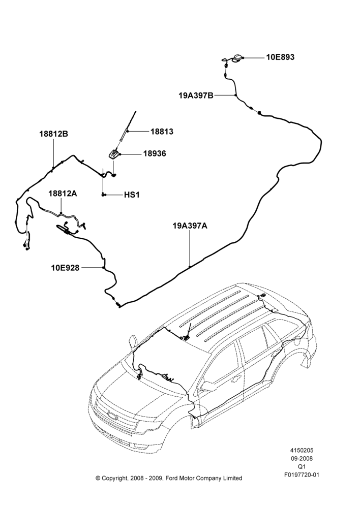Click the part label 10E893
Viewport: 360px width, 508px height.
click(280, 57)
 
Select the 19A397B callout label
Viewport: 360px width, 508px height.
click(196, 96)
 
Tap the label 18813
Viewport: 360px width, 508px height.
click(162, 132)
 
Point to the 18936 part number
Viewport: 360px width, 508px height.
click(155, 153)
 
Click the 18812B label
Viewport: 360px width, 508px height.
click(54, 134)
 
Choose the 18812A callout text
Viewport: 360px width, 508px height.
click(63, 194)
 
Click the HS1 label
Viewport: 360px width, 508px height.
click(132, 195)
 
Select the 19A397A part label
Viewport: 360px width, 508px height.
click(190, 226)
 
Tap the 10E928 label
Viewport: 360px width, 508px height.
click(65, 268)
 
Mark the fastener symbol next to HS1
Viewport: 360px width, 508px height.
click(103, 195)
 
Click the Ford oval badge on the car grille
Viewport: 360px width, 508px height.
click(113, 416)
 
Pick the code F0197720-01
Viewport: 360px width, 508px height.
click(302, 475)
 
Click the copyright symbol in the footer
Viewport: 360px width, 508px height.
click(98, 478)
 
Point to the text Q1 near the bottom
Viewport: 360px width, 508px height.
click(302, 467)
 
